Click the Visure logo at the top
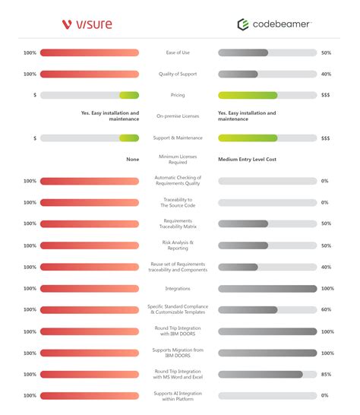tap(87, 24)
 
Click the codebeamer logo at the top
tap(273, 24)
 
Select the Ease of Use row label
tap(178, 53)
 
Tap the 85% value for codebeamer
tap(325, 374)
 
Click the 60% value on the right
tap(325, 310)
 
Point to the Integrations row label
tap(178, 289)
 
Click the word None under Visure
tap(132, 160)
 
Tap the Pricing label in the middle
tap(178, 96)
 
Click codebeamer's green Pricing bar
tap(267, 96)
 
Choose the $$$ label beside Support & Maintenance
tap(325, 138)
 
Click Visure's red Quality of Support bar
tap(90, 74)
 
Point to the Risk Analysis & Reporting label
tap(178, 246)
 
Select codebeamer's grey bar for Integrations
tap(267, 289)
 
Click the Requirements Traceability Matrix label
tap(178, 224)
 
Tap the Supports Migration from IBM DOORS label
tap(178, 353)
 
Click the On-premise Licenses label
tap(178, 116)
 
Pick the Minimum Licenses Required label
tap(178, 160)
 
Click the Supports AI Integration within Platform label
tap(178, 395)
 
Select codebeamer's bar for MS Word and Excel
tap(261, 374)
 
